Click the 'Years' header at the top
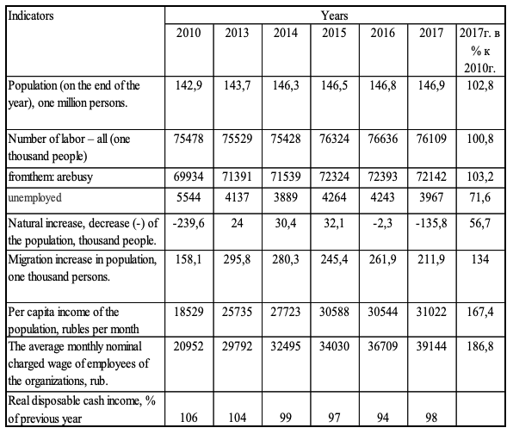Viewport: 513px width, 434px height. [x=334, y=15]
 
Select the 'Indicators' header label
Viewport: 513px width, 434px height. [x=31, y=15]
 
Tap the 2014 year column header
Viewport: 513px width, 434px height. [x=286, y=33]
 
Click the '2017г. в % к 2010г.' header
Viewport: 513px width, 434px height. [x=480, y=50]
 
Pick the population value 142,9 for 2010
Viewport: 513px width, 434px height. [x=189, y=85]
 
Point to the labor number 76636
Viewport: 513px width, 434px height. [x=383, y=139]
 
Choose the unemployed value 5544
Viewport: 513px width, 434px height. [x=189, y=197]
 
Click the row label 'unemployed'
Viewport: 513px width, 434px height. [x=34, y=198]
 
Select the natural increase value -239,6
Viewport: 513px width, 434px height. [x=189, y=223]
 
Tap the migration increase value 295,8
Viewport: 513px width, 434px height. [x=238, y=259]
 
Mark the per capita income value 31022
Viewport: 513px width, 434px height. [x=431, y=312]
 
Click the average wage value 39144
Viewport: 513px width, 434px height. [x=431, y=346]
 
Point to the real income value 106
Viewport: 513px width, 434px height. [x=189, y=418]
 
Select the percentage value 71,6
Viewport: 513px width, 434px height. [x=480, y=197]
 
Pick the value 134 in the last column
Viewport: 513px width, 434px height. [x=480, y=259]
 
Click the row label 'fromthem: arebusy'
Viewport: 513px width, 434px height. [x=51, y=177]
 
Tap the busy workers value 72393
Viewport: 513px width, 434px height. [x=383, y=177]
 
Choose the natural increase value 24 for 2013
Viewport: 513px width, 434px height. [x=238, y=223]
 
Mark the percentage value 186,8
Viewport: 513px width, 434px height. [x=480, y=346]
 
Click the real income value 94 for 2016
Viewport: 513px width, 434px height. [x=383, y=418]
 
